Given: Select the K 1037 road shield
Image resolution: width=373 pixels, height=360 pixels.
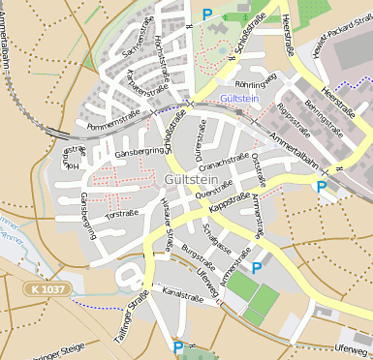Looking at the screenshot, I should (x=47, y=289).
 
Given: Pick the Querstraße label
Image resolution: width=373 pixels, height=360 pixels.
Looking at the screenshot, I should (x=214, y=191).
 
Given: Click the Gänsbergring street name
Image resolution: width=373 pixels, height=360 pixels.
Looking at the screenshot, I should (x=139, y=152).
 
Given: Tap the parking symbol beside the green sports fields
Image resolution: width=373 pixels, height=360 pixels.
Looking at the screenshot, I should (x=257, y=268).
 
